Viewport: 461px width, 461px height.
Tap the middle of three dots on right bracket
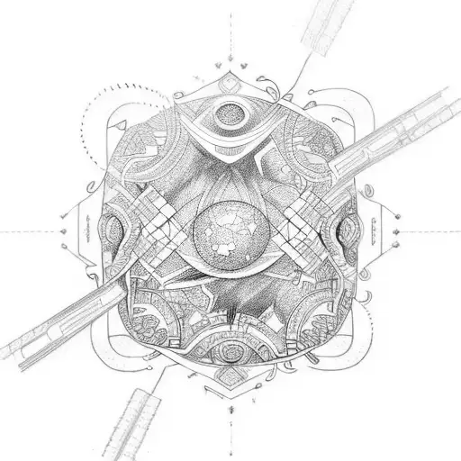pos(396,230)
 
